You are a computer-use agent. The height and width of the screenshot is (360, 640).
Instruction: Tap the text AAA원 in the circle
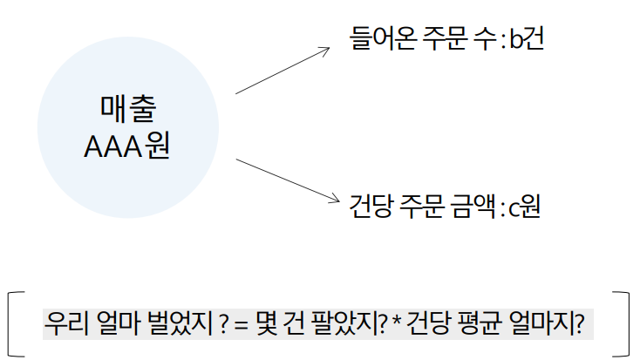126,146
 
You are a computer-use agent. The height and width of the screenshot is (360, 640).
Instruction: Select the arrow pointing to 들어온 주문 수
283,69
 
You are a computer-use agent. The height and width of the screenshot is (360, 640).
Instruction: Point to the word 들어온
376,39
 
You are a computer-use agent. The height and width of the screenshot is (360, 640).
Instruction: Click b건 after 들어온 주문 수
526,39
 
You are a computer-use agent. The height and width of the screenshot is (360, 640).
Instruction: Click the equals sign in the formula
241,323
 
